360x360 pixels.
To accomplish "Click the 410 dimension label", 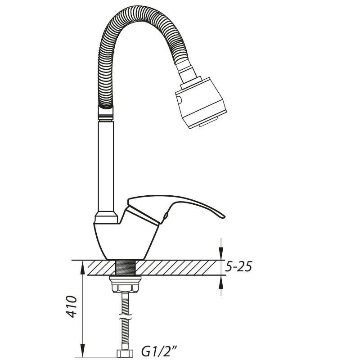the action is pyautogui.click(x=71, y=306).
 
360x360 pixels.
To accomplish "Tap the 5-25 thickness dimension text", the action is pyautogui.click(x=238, y=266).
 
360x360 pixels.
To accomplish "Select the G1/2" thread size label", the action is pyautogui.click(x=159, y=351).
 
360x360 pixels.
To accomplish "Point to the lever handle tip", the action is pyautogui.click(x=224, y=216).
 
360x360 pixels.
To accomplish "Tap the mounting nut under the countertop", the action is pyautogui.click(x=125, y=284).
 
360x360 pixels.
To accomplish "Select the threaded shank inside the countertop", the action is pyautogui.click(x=125, y=267).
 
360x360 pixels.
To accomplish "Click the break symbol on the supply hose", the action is pyautogui.click(x=126, y=317).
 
